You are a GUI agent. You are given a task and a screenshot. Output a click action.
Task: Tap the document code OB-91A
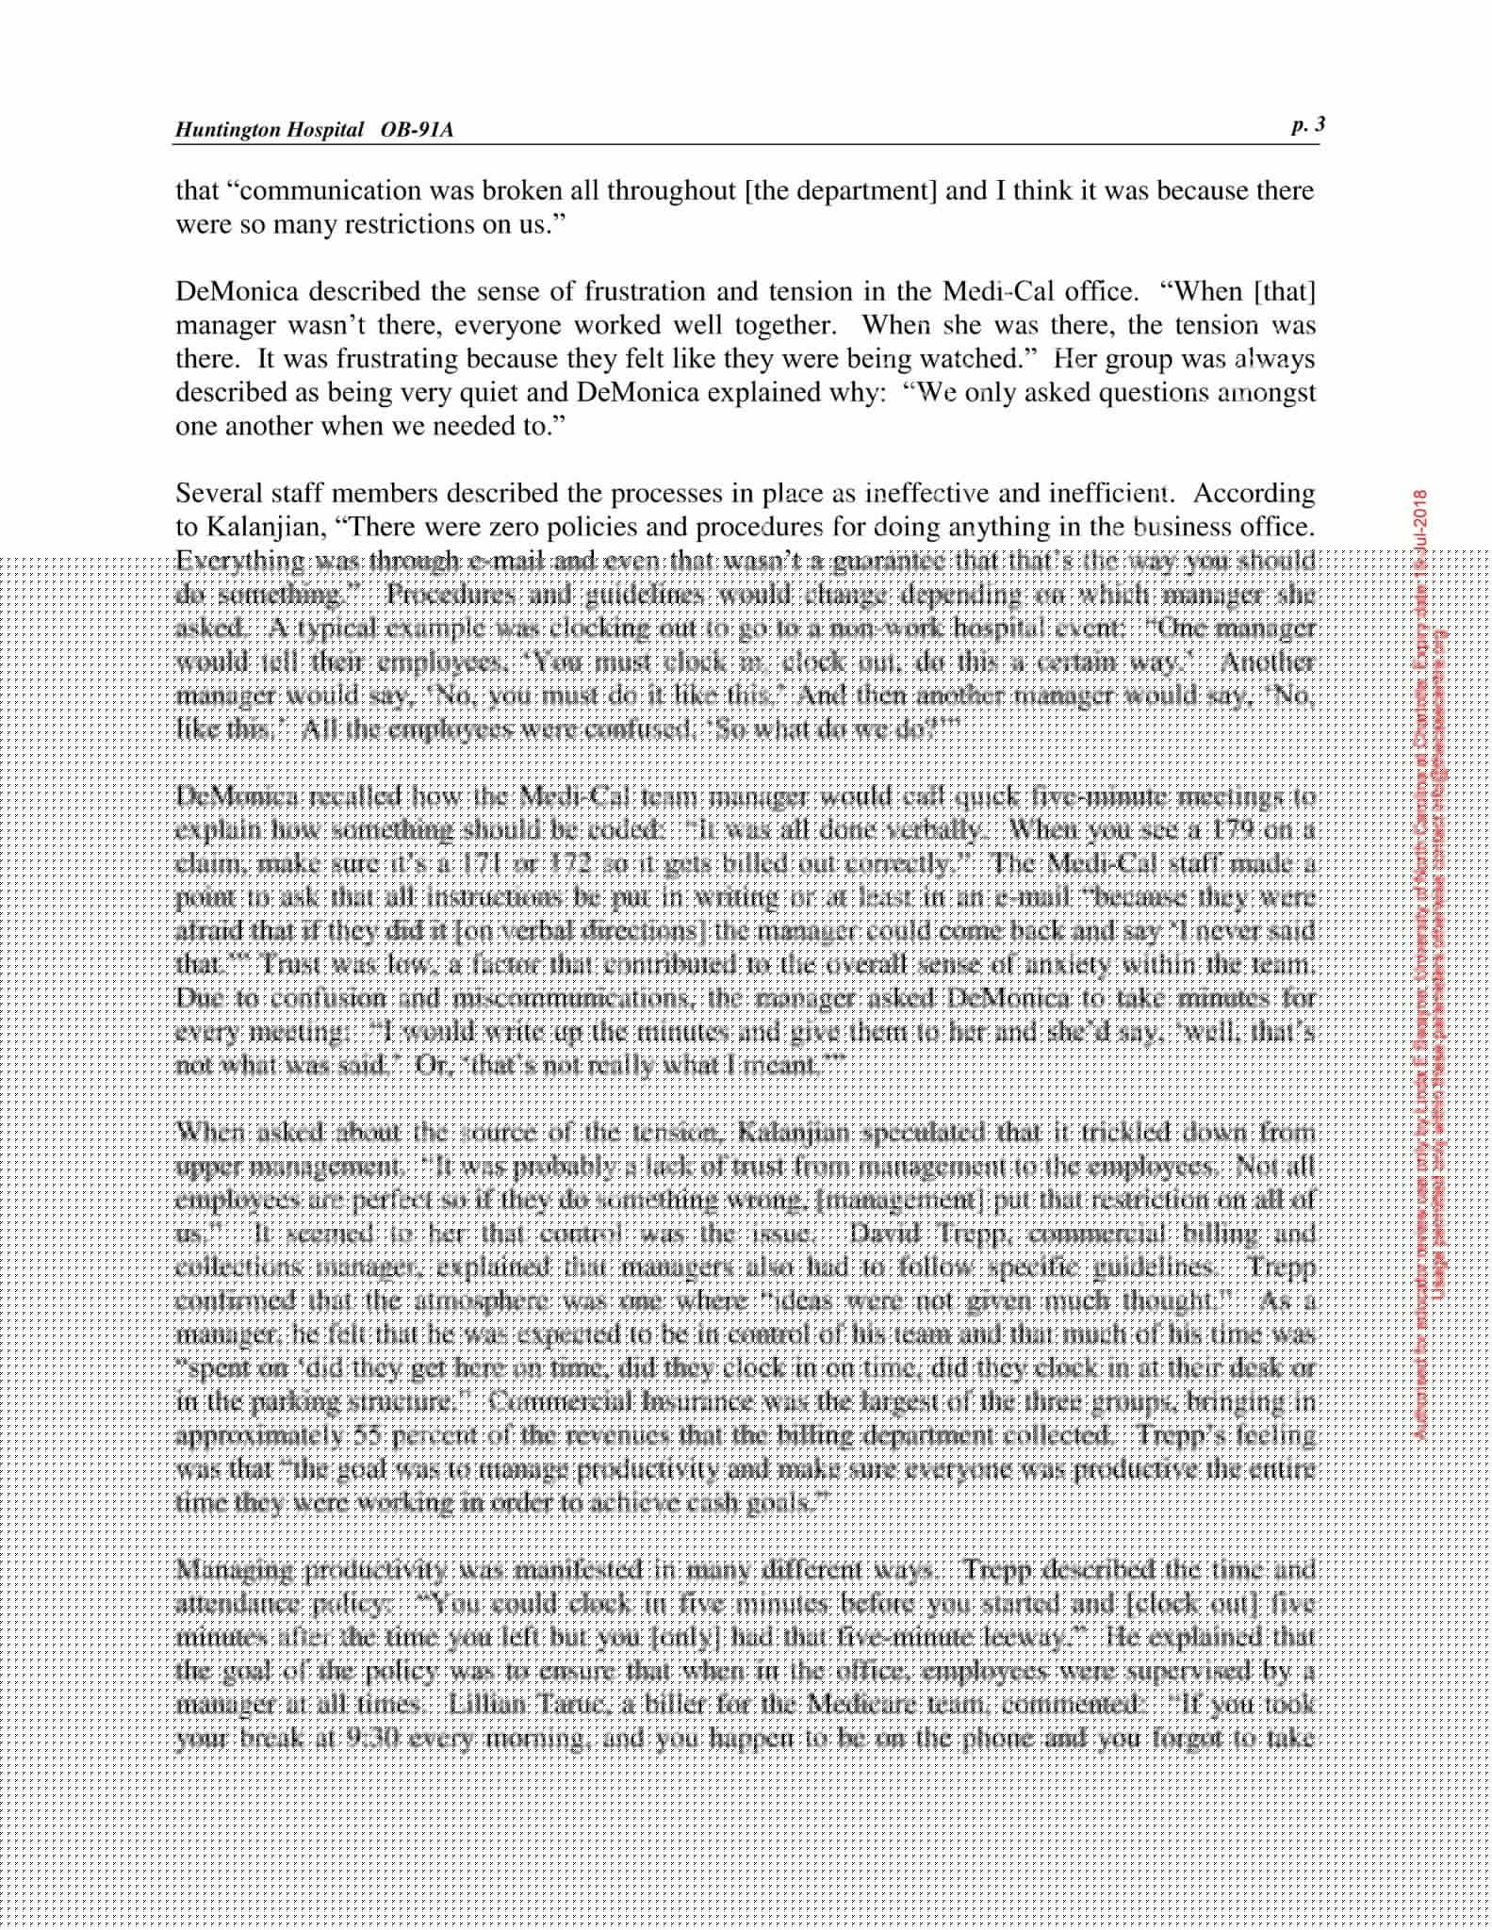pyautogui.click(x=417, y=130)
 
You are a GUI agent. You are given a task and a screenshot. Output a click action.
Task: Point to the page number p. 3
pyautogui.click(x=1308, y=125)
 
